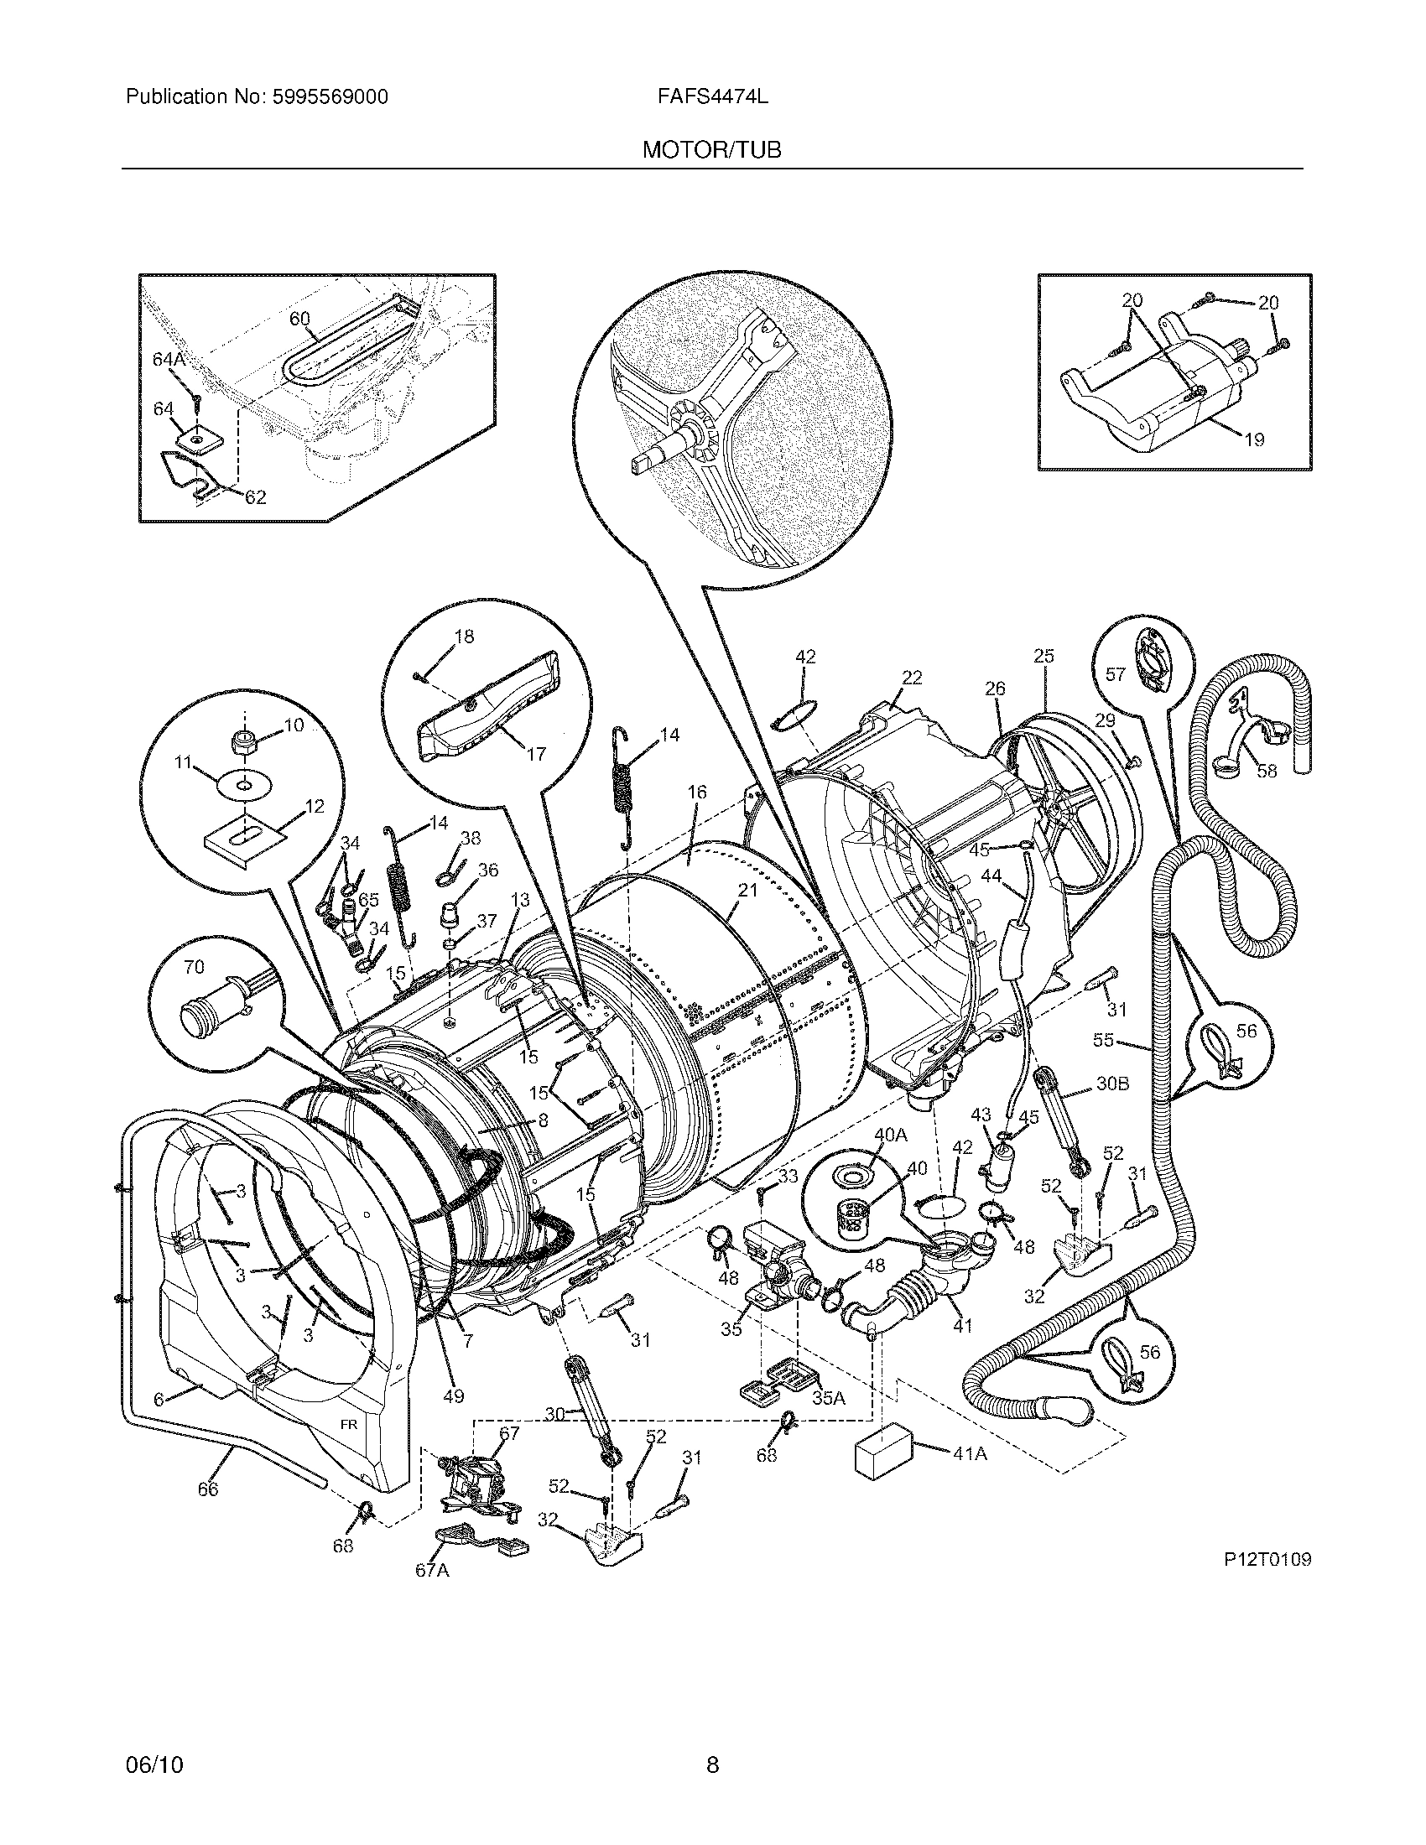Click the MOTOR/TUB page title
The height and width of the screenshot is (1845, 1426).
(711, 150)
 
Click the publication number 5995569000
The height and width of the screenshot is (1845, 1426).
(329, 97)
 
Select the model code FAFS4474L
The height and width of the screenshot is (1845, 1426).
(712, 97)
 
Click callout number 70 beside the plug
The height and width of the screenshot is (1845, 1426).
(195, 966)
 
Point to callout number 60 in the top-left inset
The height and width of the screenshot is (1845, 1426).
(300, 319)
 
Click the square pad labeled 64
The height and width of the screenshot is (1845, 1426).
(197, 439)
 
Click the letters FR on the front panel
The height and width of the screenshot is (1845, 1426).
(349, 1424)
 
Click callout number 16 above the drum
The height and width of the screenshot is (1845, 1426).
(697, 792)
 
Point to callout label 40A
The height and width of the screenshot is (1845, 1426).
(889, 1136)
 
